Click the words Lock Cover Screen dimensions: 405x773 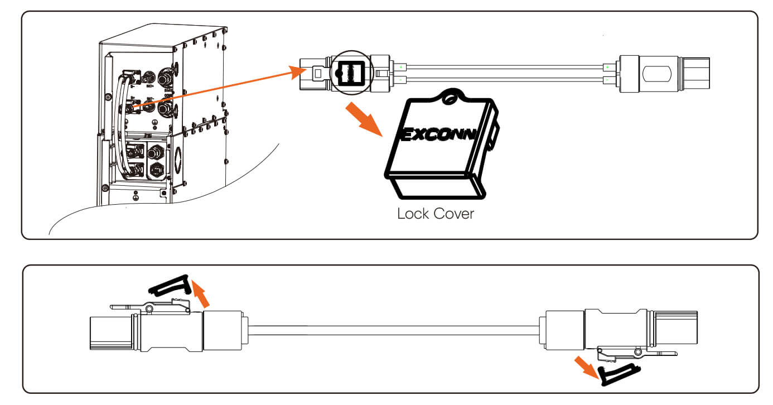click(x=435, y=213)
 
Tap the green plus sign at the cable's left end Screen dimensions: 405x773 click(x=400, y=67)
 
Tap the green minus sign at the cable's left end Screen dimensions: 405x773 click(x=400, y=80)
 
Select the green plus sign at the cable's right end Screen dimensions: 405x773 click(x=607, y=67)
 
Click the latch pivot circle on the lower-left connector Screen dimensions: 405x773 click(x=149, y=308)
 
